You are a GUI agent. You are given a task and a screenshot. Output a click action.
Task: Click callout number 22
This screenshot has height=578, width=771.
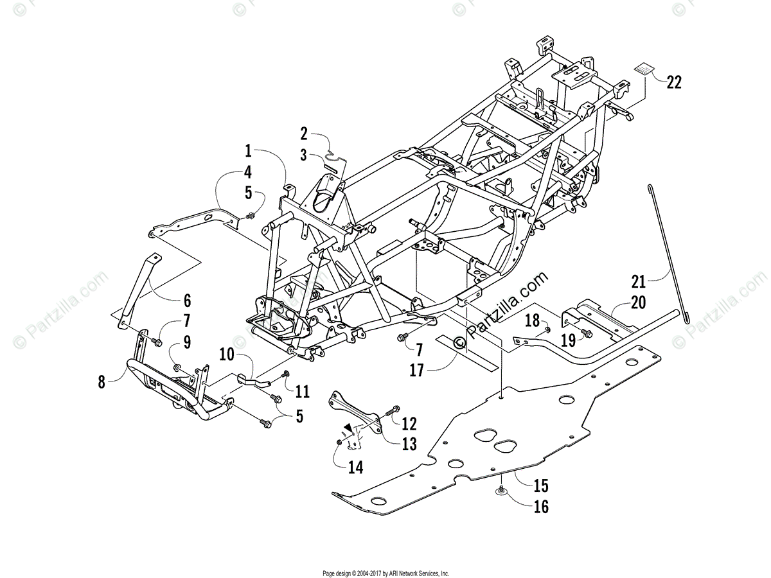pos(673,82)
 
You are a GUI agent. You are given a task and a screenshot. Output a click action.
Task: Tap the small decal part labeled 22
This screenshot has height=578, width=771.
pos(644,69)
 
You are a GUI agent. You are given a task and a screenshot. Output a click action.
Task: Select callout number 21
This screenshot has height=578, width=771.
pos(637,281)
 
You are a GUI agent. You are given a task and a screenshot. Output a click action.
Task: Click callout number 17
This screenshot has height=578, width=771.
pos(417,371)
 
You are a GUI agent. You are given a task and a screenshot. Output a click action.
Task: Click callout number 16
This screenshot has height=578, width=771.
pos(541,507)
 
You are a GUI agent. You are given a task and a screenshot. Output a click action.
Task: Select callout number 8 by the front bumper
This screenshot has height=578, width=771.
pos(102,381)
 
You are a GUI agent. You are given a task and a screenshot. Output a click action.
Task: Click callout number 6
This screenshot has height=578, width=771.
pos(187,300)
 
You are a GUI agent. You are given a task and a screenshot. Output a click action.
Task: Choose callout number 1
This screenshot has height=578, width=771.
pos(248,152)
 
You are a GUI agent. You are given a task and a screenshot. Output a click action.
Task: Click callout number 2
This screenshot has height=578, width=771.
pos(305,134)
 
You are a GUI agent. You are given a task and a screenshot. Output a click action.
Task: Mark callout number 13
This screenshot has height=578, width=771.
pos(409,443)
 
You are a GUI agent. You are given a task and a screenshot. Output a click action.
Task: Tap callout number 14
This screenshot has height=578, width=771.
pos(355,468)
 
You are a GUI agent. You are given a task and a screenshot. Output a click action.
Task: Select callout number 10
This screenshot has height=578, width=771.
pos(227,355)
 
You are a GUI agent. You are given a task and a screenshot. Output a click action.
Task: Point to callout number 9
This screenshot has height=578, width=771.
pos(186,343)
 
